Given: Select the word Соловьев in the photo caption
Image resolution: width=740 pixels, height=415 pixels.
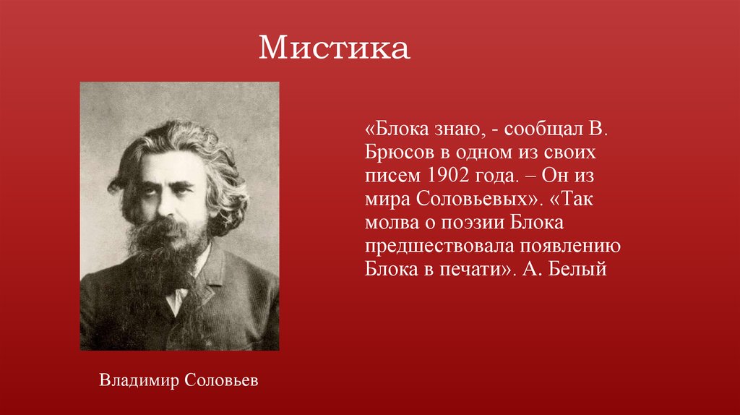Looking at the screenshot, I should coord(220,380).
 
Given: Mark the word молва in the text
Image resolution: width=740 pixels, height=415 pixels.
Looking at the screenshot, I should coord(390,223).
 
